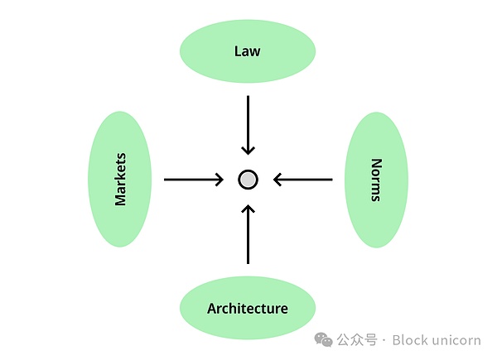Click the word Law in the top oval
click(x=248, y=51)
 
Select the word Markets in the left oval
click(x=120, y=179)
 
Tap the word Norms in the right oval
click(x=376, y=180)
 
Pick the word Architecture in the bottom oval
click(x=248, y=309)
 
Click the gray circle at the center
click(x=248, y=179)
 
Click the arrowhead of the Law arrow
click(x=248, y=150)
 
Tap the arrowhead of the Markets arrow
click(x=220, y=179)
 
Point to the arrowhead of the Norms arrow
click(x=278, y=179)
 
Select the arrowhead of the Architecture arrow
click(x=248, y=208)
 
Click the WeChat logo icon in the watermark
click(x=323, y=339)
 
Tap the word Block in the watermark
click(x=409, y=339)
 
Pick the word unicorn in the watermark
click(x=457, y=339)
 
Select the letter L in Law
click(x=238, y=51)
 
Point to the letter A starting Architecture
click(x=212, y=309)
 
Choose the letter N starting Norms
click(x=376, y=162)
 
